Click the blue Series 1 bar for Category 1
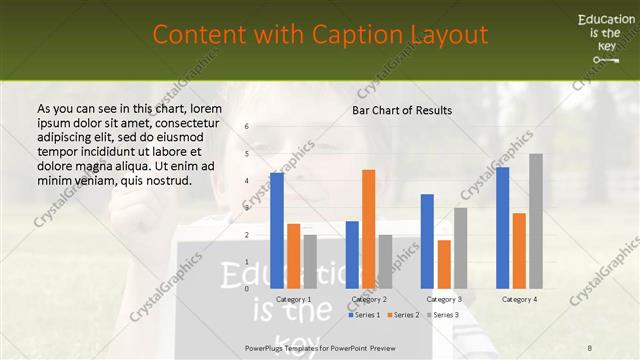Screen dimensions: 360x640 click(277, 231)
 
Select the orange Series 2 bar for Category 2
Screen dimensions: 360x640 click(368, 229)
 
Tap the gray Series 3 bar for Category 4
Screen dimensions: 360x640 click(536, 221)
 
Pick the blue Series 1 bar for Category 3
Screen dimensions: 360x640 click(427, 241)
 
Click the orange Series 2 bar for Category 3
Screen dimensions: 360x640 click(444, 264)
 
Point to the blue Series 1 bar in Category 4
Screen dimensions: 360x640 click(503, 228)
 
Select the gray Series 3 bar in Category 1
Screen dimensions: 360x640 click(310, 262)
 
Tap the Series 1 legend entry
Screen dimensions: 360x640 click(366, 315)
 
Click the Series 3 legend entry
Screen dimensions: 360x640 click(441, 315)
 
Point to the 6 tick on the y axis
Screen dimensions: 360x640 click(247, 126)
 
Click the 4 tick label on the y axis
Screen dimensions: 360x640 click(247, 181)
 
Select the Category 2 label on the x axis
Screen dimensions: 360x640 click(369, 299)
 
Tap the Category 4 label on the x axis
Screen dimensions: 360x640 click(519, 299)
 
